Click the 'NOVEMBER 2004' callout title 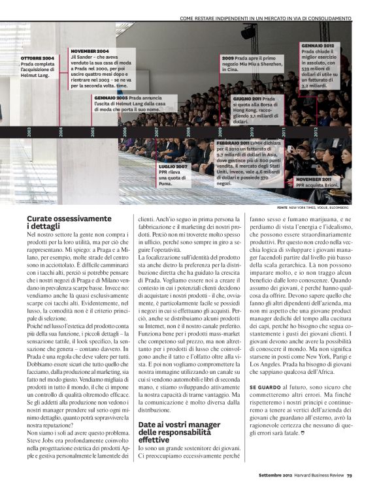pos(91,51)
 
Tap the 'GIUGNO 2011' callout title pos(248,98)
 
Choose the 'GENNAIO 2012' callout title pos(318,46)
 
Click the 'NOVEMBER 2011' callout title pos(313,179)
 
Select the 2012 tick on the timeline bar pos(315,132)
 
